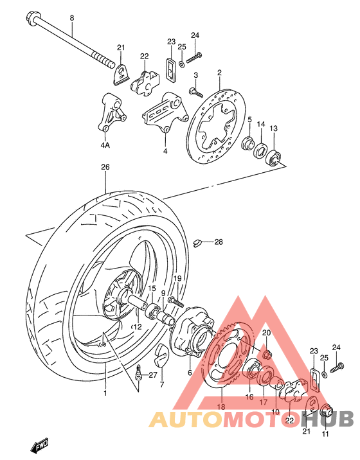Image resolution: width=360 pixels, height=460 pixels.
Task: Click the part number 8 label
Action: (x=71, y=18)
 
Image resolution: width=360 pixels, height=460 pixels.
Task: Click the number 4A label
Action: (x=105, y=145)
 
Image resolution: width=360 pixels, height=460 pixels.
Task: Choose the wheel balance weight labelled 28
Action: (x=200, y=242)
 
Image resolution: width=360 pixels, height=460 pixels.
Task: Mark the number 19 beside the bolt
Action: (x=177, y=278)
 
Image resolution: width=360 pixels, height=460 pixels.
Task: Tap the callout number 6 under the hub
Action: (x=190, y=373)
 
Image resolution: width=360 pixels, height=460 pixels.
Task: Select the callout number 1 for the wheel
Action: (x=107, y=392)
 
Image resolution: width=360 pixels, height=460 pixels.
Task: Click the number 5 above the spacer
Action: (x=250, y=119)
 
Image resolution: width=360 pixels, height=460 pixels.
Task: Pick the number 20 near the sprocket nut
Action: (x=267, y=333)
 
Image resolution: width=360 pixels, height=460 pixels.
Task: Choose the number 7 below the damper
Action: (x=161, y=385)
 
